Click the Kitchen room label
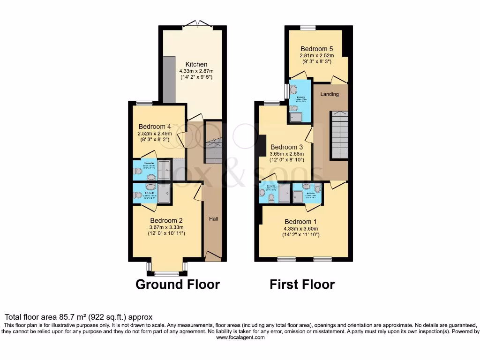[x=196, y=64]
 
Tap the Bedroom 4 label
[x=155, y=127]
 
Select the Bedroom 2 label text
[x=166, y=220]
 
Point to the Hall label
[x=213, y=219]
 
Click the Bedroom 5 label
[x=317, y=48]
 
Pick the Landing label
[x=330, y=94]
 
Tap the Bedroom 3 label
[x=287, y=146]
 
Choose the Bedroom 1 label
[x=301, y=221]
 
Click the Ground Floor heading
[x=178, y=284]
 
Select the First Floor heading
[x=302, y=284]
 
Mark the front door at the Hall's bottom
[x=213, y=256]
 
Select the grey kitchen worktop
[x=169, y=80]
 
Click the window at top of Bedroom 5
[x=307, y=27]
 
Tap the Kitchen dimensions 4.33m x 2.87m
[x=196, y=71]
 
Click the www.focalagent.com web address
[x=240, y=337]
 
